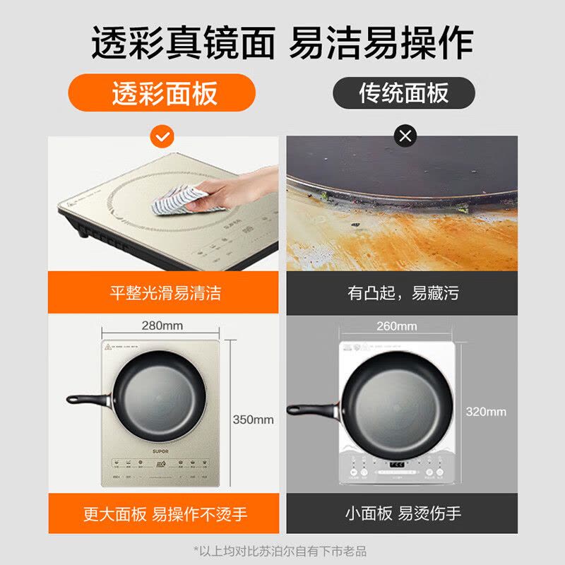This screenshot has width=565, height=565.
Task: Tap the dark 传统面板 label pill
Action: tap(403, 93)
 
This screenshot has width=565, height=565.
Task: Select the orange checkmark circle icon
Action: tap(162, 136)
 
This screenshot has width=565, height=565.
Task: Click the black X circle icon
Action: tap(405, 136)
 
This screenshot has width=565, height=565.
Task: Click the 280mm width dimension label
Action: tap(162, 326)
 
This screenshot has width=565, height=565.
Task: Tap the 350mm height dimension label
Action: tap(253, 420)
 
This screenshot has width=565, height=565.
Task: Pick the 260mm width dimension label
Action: tap(397, 326)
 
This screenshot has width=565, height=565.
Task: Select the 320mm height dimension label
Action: tap(487, 411)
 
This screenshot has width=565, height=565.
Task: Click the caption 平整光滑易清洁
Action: tap(165, 292)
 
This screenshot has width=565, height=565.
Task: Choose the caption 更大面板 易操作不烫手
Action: tap(165, 513)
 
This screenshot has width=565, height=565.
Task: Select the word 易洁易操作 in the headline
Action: tap(381, 44)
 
